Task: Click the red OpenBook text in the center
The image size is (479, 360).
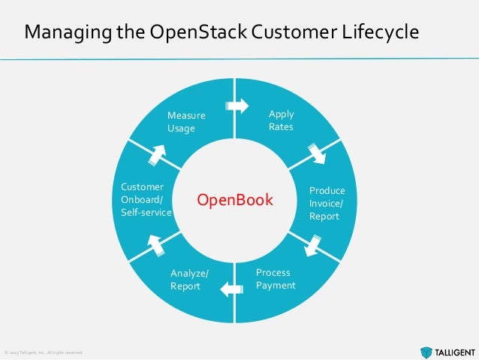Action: (236, 201)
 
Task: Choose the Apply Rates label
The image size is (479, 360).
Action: (281, 120)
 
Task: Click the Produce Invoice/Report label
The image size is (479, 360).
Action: (327, 204)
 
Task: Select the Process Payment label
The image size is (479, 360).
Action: (276, 279)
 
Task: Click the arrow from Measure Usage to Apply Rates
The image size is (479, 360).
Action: (236, 106)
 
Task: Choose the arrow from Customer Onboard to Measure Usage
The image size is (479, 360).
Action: (158, 153)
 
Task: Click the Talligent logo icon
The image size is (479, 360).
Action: (426, 350)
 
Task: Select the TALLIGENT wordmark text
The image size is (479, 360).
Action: (453, 350)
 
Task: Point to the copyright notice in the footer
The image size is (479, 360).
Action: (43, 352)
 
